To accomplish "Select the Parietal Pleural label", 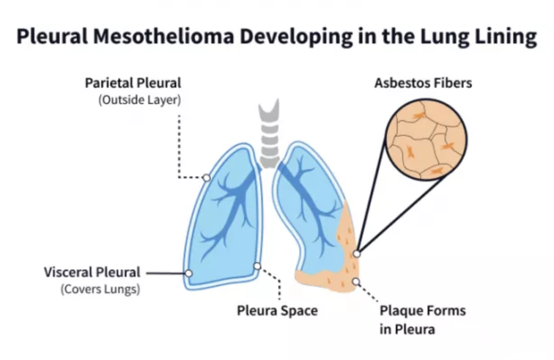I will [133, 83].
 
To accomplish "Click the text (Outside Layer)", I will [140, 100].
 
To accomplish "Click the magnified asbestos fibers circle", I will [426, 140].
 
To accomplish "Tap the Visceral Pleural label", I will [92, 272].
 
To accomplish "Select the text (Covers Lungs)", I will [100, 289].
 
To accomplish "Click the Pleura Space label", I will [277, 311].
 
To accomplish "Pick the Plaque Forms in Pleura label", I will [422, 319].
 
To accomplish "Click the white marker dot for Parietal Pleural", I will [206, 178].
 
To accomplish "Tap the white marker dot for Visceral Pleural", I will [188, 273].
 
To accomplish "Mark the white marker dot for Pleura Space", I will [257, 266].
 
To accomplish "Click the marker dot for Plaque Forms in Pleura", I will [356, 281].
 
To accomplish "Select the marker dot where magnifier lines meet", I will [357, 253].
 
